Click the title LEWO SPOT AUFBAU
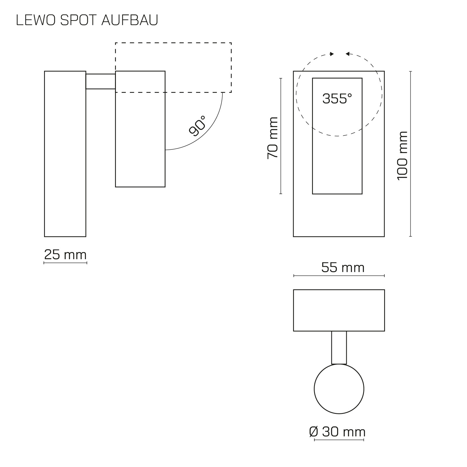(87, 20)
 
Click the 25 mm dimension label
(65, 255)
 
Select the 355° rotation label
(337, 99)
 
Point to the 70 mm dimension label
(273, 138)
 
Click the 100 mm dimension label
(402, 156)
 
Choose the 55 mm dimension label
(343, 267)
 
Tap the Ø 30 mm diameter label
(337, 432)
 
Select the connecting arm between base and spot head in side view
(100, 81)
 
